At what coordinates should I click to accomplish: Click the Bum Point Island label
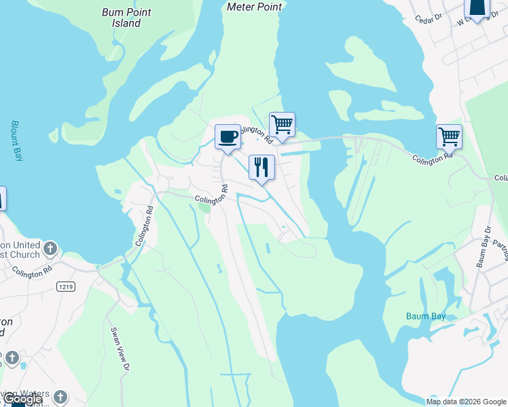[127, 18]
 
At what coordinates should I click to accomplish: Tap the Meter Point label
[254, 7]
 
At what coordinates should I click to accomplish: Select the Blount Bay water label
[17, 140]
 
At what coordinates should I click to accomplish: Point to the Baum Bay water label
[425, 315]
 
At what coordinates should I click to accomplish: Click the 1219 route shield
[66, 287]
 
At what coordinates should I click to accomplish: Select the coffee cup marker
[228, 138]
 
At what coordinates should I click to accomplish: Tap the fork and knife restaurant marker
[261, 167]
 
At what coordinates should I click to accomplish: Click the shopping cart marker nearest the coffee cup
[282, 125]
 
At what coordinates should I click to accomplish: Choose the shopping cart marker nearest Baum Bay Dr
[449, 137]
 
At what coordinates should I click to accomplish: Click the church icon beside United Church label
[50, 249]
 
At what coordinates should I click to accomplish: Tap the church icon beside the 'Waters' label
[60, 397]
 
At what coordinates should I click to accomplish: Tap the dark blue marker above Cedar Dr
[477, 9]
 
